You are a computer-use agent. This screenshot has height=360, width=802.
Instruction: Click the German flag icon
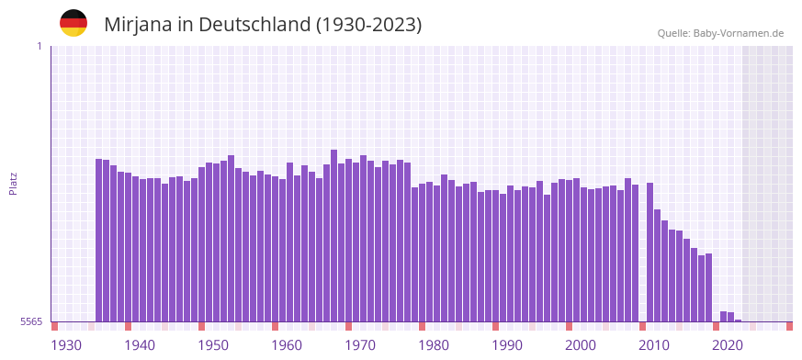pos(73,23)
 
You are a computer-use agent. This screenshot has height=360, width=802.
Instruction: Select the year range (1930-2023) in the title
pos(368,25)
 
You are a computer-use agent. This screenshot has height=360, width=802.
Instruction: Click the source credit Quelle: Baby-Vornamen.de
pos(720,33)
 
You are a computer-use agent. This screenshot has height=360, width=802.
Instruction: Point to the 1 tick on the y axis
pos(39,46)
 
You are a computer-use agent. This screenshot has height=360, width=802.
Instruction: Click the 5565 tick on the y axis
pos(30,321)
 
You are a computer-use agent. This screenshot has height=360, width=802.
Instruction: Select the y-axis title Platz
pos(13,183)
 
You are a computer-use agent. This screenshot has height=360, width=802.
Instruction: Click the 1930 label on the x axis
pos(66,345)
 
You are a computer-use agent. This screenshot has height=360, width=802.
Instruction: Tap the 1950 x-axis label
pos(213,345)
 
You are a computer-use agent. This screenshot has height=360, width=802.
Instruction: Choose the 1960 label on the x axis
pos(287,345)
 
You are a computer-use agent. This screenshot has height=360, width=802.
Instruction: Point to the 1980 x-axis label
pos(434,345)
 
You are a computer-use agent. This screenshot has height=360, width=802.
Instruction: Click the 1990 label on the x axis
pos(507,345)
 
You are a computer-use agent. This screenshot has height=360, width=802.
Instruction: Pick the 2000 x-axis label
pos(581,345)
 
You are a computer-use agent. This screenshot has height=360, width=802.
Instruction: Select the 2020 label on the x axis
pos(728,345)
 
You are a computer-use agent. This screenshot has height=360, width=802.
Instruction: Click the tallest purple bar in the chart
pos(334,235)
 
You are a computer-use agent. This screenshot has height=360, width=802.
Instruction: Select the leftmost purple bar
pos(99,240)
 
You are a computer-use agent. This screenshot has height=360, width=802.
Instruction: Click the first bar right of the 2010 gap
pos(650,252)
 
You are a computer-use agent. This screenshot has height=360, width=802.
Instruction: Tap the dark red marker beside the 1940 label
pos(129,326)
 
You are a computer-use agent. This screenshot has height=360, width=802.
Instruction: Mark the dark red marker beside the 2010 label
pos(643,326)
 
